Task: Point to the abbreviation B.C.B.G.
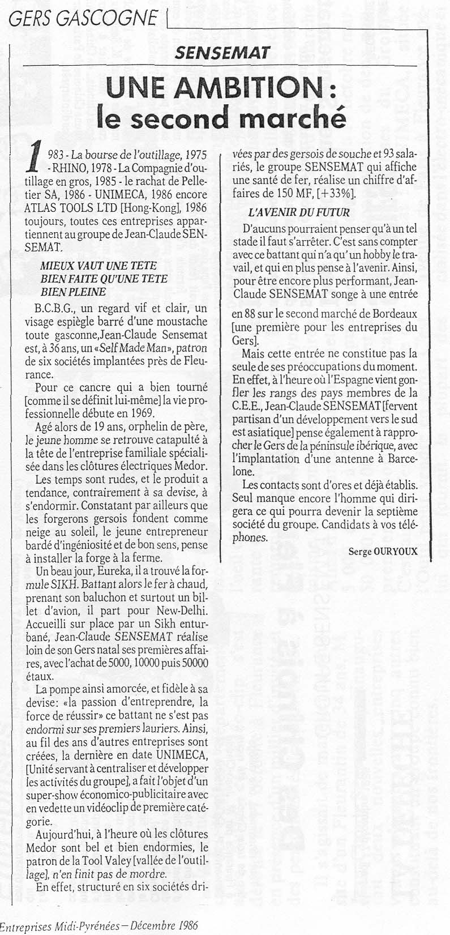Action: point(53,309)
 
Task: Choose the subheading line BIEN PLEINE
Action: point(73,292)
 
